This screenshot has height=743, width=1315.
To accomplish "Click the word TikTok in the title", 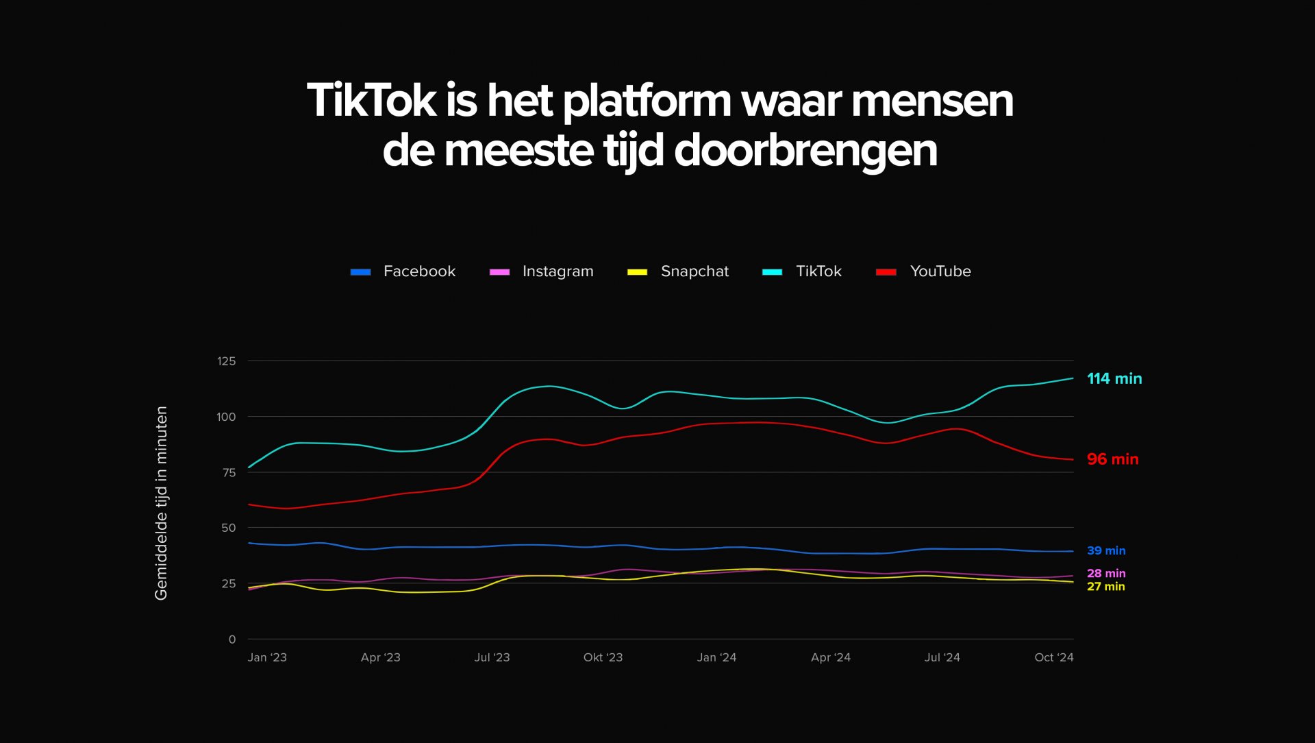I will click(371, 101).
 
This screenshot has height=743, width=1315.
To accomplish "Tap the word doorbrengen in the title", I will click(805, 151).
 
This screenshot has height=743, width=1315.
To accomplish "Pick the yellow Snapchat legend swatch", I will click(637, 272).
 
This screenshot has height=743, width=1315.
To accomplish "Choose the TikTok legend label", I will click(818, 271).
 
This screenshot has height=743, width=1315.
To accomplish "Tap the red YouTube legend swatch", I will click(886, 272).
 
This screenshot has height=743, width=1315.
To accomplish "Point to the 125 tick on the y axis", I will click(226, 361).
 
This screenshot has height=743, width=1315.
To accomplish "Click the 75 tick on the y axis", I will click(229, 472).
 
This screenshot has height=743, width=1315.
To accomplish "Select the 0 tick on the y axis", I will click(232, 640).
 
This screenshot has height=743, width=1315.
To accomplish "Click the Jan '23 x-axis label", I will click(267, 657).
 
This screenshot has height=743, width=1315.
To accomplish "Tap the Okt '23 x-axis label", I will click(603, 657).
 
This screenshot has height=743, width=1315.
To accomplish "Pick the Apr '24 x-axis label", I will click(830, 657).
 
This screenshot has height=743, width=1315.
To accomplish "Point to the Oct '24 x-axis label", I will click(1053, 657).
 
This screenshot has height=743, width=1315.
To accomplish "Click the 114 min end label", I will click(1114, 378).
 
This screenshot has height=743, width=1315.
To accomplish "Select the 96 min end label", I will click(1112, 459).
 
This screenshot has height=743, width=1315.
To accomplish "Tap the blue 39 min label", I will click(1105, 550).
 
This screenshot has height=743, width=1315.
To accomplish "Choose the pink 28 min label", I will click(1105, 573).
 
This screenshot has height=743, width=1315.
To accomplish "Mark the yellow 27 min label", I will click(1105, 587).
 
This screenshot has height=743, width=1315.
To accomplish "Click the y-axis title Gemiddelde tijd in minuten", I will click(162, 503).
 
